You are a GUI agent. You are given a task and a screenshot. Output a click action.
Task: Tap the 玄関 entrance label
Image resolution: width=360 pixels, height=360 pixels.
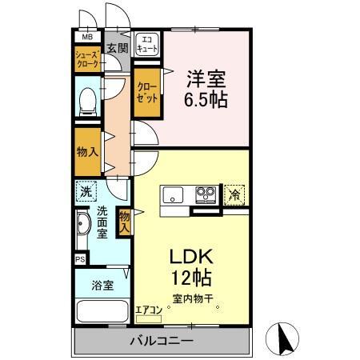[x=117, y=48]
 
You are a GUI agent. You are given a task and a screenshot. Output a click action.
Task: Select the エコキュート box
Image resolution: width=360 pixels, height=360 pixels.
[x=147, y=44]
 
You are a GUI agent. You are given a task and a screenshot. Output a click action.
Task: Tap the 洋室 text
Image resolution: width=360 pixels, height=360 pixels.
[x=205, y=78]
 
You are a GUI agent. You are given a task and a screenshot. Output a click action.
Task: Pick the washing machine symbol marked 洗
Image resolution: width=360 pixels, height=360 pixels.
[x=86, y=192]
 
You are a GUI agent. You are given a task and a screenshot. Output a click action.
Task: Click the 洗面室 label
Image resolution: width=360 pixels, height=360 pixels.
[x=103, y=223]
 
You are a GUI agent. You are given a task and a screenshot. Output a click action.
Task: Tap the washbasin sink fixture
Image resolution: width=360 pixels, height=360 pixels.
[x=83, y=227]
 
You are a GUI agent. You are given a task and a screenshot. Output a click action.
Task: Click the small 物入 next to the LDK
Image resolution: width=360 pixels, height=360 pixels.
[x=124, y=221]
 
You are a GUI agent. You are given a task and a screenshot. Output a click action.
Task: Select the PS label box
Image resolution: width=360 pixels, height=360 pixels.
[x=79, y=259]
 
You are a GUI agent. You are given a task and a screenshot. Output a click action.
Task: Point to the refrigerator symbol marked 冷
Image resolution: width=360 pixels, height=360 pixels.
[x=234, y=194]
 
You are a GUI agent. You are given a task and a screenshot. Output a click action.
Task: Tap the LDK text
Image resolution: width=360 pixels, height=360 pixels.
[x=190, y=258]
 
